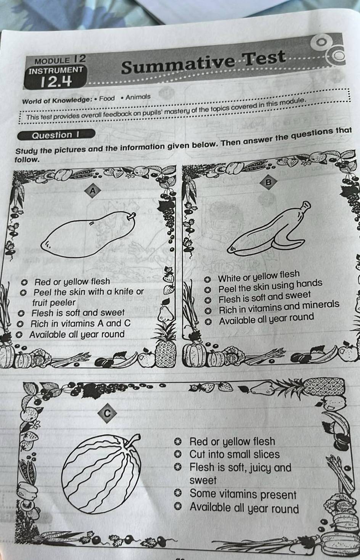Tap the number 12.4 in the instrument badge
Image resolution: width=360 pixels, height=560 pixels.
pyautogui.click(x=56, y=82)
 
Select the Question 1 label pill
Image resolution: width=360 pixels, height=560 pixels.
pyautogui.click(x=56, y=135)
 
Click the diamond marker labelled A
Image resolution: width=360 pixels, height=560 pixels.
pyautogui.click(x=93, y=191)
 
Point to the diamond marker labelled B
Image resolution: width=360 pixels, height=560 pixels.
pyautogui.click(x=268, y=182)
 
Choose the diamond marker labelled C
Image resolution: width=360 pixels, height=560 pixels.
pyautogui.click(x=107, y=413)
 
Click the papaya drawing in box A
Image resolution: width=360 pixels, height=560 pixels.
pyautogui.click(x=88, y=234)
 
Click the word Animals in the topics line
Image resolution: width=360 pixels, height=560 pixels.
pyautogui.click(x=138, y=97)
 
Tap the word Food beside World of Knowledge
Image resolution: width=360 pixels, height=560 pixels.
pyautogui.click(x=107, y=98)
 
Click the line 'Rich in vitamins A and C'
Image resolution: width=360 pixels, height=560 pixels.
pyautogui.click(x=80, y=324)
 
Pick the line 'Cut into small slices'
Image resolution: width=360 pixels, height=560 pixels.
pyautogui.click(x=235, y=454)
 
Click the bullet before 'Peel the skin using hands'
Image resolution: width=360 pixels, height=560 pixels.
pyautogui.click(x=207, y=289)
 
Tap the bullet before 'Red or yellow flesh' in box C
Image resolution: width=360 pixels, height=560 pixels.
pyautogui.click(x=178, y=441)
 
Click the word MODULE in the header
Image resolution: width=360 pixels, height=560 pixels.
pyautogui.click(x=53, y=61)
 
